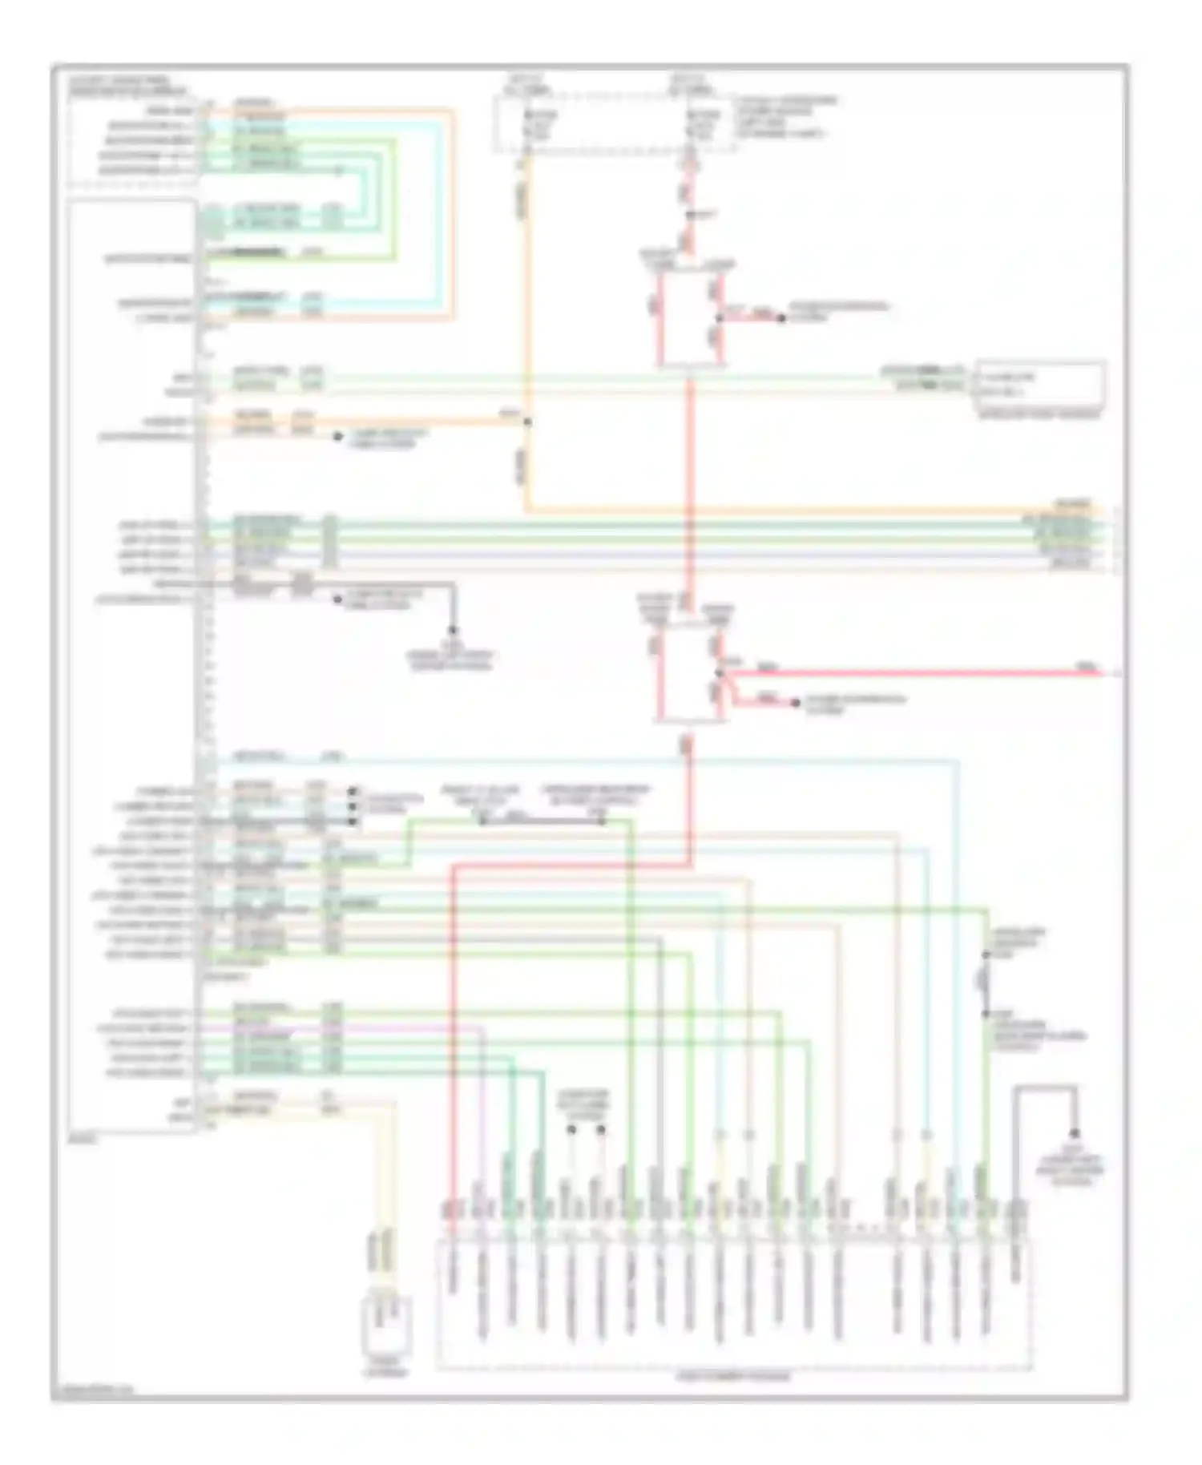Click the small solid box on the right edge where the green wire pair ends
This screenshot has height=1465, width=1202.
(x=1040, y=385)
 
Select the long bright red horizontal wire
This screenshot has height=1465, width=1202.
(x=914, y=672)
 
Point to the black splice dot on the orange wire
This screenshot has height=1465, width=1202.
(x=527, y=421)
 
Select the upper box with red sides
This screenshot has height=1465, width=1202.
(x=691, y=318)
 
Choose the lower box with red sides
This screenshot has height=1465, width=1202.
(x=689, y=674)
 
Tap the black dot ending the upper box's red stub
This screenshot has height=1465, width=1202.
(x=781, y=317)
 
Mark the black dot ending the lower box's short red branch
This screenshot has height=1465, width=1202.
(x=795, y=703)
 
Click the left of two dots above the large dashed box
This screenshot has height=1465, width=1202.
(x=571, y=1129)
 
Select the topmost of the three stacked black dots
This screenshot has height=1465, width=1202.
(x=352, y=791)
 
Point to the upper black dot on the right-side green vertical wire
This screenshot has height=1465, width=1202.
(x=986, y=955)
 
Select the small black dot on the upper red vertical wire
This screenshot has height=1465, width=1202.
(x=689, y=214)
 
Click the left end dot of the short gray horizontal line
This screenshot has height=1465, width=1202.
(x=482, y=821)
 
